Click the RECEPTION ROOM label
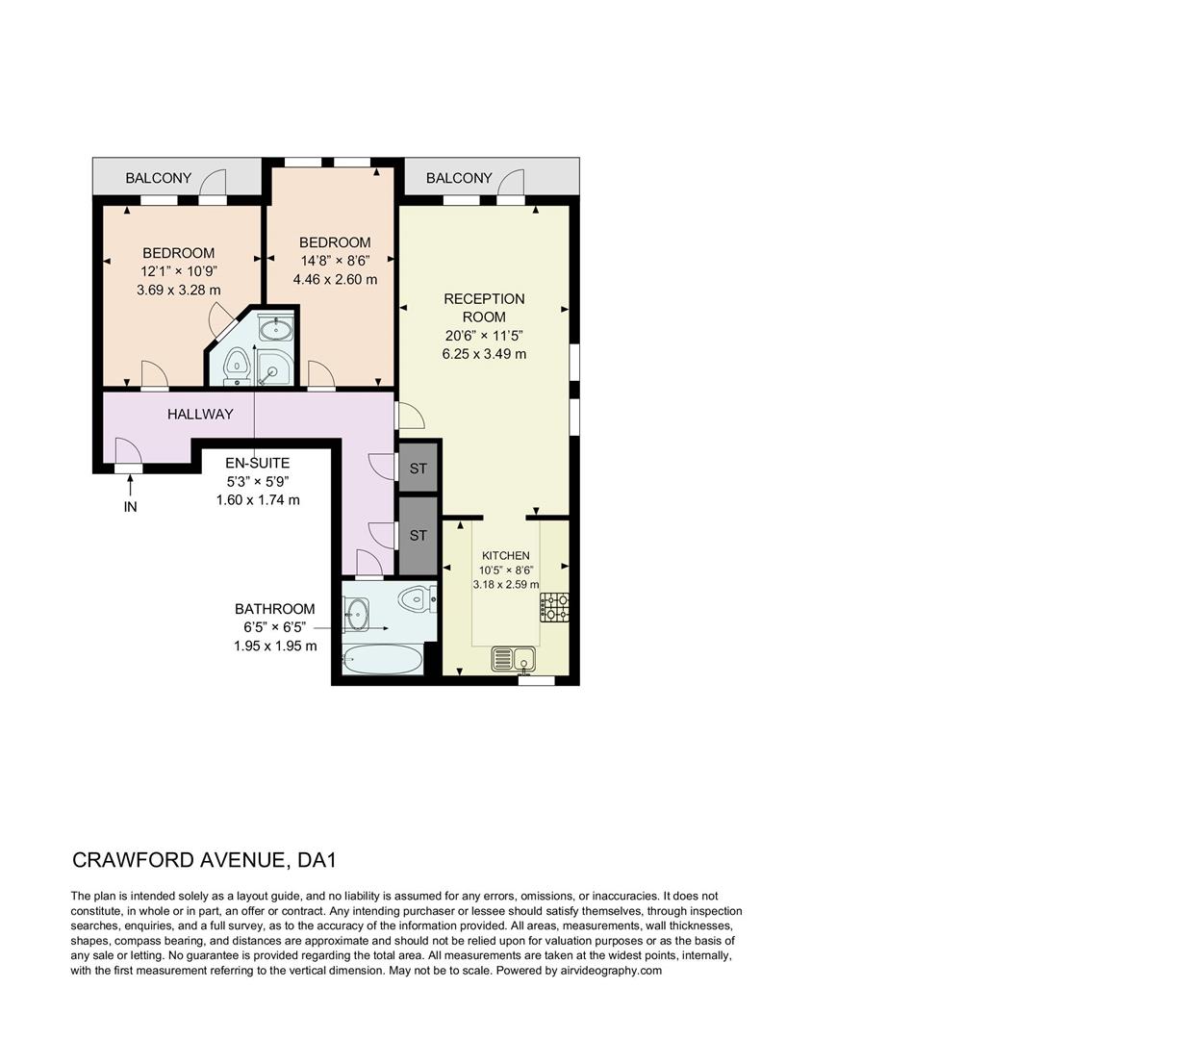point(484,308)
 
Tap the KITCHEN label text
point(505,555)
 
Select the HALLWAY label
point(200,415)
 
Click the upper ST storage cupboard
point(418,469)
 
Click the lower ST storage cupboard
point(418,535)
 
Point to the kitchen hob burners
point(554,606)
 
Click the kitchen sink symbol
point(513,659)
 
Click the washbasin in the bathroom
point(357,610)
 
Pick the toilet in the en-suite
point(236,365)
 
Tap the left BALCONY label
point(159,178)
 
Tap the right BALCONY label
point(459,178)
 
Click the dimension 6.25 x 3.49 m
point(484,354)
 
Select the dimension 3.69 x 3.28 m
point(179,290)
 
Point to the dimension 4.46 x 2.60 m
point(335,279)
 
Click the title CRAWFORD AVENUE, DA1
point(205,859)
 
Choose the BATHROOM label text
point(275,609)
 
